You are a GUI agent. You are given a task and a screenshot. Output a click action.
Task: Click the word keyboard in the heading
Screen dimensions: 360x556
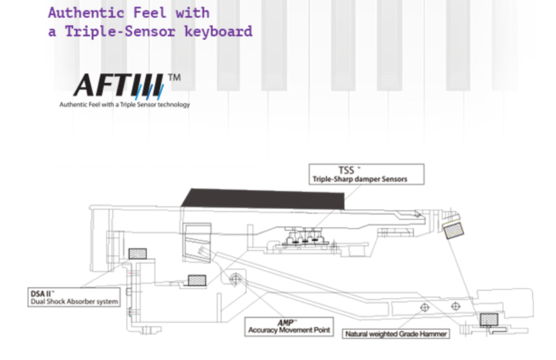[219, 32]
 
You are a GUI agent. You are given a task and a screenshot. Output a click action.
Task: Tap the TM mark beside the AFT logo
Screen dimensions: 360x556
[174, 77]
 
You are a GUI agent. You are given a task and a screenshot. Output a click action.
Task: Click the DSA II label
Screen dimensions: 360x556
[43, 293]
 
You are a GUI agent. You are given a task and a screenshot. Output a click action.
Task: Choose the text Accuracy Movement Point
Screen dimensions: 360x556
[289, 330]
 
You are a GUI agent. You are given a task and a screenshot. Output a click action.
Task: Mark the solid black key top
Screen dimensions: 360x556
[263, 197]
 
